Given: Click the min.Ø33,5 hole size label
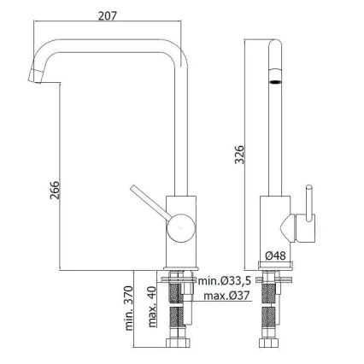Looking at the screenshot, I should [225, 281].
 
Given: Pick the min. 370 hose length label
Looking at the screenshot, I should [129, 309].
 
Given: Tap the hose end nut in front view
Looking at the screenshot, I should [180, 347].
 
